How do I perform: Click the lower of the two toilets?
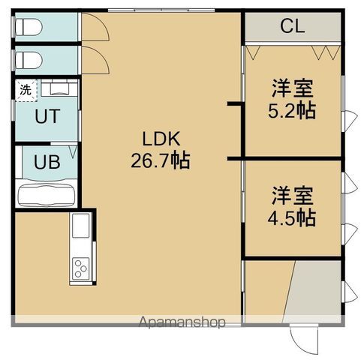click(x=29, y=59)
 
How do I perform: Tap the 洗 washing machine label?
click(x=26, y=89)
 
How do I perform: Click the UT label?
click(x=46, y=117)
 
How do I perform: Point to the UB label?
click(x=44, y=162)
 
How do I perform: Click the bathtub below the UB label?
click(x=46, y=196)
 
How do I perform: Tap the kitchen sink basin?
click(x=80, y=225)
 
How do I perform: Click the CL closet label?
click(x=292, y=27)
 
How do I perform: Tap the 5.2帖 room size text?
click(x=293, y=111)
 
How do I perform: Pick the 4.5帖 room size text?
click(x=293, y=218)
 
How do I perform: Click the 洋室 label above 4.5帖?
click(x=293, y=196)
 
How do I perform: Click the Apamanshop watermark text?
click(x=182, y=323)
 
